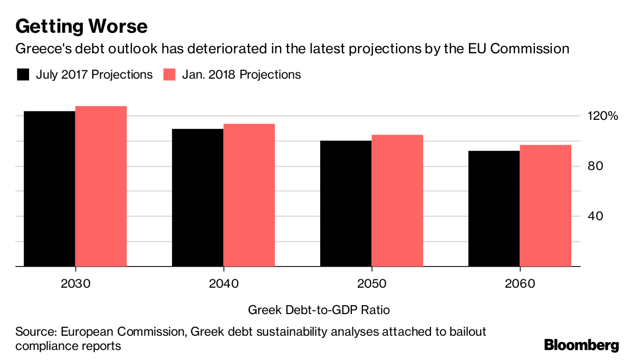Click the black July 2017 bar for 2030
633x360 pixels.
click(50, 188)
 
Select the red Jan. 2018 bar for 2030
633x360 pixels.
click(101, 186)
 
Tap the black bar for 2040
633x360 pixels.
click(197, 197)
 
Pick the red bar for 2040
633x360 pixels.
click(249, 195)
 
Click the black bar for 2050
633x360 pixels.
click(346, 203)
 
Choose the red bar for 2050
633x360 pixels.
click(397, 201)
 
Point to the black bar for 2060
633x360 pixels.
click(494, 209)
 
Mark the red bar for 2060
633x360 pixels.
click(545, 205)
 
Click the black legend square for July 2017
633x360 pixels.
click(23, 74)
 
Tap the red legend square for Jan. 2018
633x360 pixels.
click(169, 74)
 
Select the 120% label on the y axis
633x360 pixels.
click(603, 116)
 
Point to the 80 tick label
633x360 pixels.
click(596, 166)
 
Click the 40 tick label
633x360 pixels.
click(596, 216)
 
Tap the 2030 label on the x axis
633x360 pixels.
click(75, 283)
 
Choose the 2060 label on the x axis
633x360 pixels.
click(520, 283)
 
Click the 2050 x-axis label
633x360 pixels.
click(371, 283)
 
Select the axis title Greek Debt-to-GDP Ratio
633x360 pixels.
click(319, 310)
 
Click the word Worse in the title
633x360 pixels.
click(118, 26)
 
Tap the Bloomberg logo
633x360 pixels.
click(581, 345)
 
